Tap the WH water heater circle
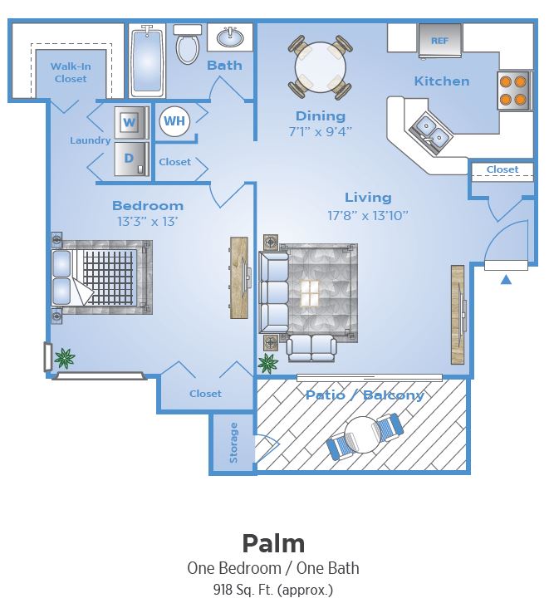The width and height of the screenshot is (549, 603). pyautogui.click(x=174, y=121)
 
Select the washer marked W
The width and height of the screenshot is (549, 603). pyautogui.click(x=130, y=123)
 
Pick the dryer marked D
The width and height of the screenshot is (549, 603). pyautogui.click(x=130, y=158)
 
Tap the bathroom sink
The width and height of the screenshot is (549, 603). pyautogui.click(x=228, y=37)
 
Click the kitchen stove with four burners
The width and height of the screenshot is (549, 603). pyautogui.click(x=514, y=91)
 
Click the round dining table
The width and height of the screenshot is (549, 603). pyautogui.click(x=320, y=66)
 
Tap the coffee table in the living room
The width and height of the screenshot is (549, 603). pyautogui.click(x=310, y=292)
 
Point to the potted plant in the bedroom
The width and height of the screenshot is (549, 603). pyautogui.click(x=63, y=358)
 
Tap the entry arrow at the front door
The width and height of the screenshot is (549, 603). pyautogui.click(x=506, y=280)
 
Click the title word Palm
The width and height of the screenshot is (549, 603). pyautogui.click(x=273, y=543)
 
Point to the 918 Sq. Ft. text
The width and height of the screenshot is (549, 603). pyautogui.click(x=273, y=590)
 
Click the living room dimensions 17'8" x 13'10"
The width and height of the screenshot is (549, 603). pyautogui.click(x=368, y=215)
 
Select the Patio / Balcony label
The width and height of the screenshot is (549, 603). pyautogui.click(x=365, y=395)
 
